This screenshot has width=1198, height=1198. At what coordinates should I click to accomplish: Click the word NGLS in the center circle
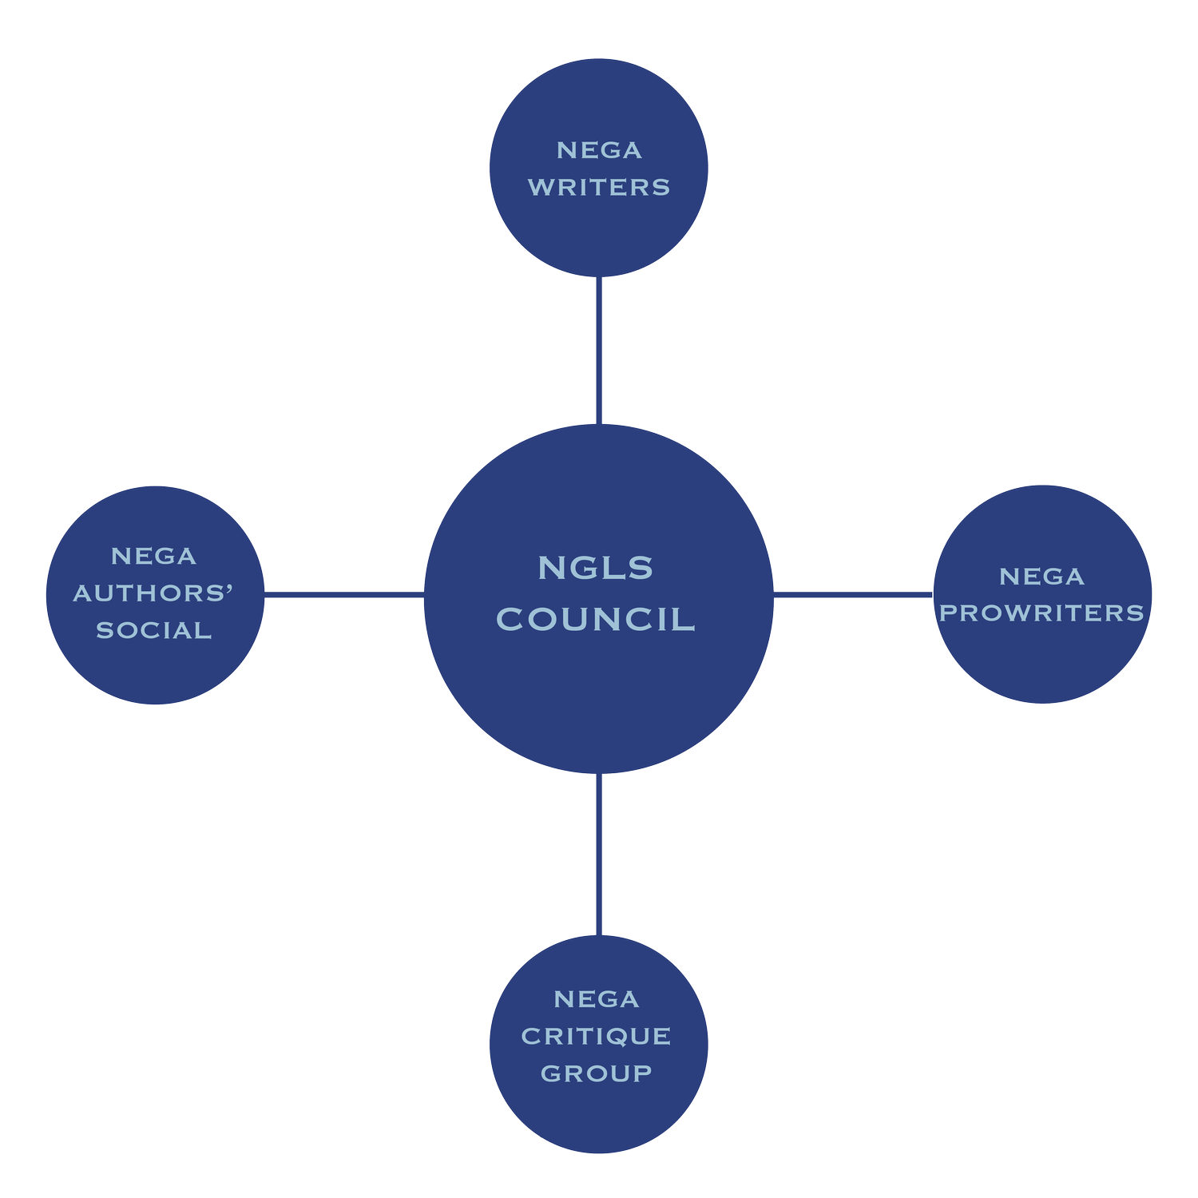[596, 568]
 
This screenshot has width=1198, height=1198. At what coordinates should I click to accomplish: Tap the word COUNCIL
[596, 620]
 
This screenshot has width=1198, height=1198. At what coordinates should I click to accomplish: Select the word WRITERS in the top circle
[599, 187]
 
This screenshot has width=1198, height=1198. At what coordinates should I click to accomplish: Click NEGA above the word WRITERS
[599, 150]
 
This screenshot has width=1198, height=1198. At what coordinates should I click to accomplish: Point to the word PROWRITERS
[1042, 613]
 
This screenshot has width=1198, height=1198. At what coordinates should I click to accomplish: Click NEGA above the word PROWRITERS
[1042, 577]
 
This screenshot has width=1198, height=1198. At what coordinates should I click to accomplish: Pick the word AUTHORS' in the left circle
[153, 593]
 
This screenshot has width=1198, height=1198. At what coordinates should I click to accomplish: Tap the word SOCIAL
[154, 630]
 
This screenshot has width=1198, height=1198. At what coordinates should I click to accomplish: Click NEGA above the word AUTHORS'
[154, 556]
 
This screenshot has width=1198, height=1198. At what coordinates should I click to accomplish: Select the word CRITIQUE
[597, 1036]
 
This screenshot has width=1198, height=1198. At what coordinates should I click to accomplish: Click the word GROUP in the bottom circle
[597, 1073]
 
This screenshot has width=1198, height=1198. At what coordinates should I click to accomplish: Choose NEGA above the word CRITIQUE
[597, 999]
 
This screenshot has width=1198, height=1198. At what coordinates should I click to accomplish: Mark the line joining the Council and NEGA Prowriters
[853, 595]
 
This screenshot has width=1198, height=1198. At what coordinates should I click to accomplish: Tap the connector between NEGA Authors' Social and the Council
[343, 595]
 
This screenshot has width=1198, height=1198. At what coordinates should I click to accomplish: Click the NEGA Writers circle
[599, 232]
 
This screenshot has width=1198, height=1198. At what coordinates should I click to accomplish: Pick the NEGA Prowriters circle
[1042, 663]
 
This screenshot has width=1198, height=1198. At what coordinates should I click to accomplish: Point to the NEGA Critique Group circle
[599, 1118]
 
